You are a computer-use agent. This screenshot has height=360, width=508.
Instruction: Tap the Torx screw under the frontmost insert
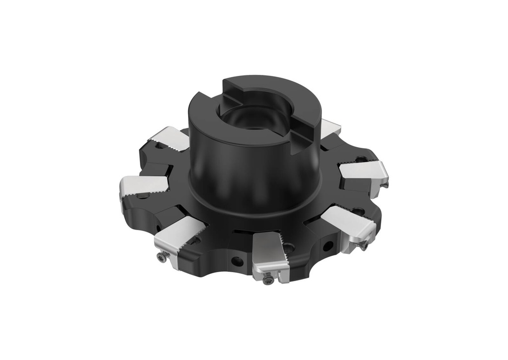pos(268,280)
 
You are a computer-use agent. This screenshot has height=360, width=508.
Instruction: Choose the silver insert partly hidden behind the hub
pos(329,128)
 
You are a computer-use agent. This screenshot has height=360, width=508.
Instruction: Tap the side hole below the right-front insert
pos(327,245)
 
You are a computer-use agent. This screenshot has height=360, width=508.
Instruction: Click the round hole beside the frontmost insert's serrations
pos(289,247)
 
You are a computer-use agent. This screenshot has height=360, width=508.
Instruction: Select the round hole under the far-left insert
pos(144,196)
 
